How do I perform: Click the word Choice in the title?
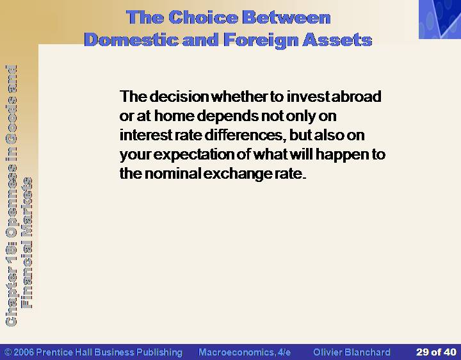click(x=203, y=17)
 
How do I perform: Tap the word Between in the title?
click(x=286, y=17)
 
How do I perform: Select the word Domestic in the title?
click(x=131, y=40)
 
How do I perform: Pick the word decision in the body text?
click(x=179, y=96)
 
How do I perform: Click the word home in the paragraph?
click(x=174, y=115)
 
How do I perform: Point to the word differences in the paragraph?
click(x=243, y=135)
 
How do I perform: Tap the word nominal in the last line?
click(x=173, y=173)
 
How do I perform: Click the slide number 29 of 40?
click(x=436, y=352)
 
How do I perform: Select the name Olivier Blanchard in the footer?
click(x=352, y=352)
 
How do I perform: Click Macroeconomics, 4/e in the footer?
click(x=245, y=352)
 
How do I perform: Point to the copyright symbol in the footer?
click(x=8, y=352)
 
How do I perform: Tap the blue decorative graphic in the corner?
click(x=440, y=19)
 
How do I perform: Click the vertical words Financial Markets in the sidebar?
click(x=27, y=243)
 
